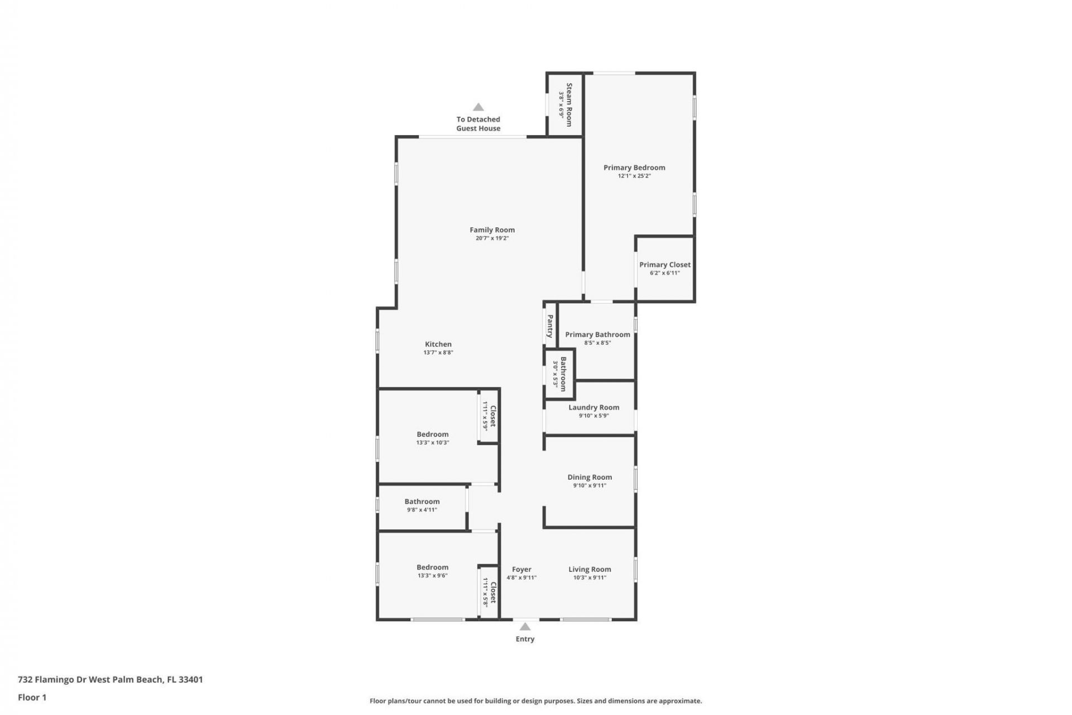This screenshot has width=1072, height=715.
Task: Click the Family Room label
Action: (x=492, y=230)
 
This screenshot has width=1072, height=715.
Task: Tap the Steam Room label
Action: (x=569, y=104)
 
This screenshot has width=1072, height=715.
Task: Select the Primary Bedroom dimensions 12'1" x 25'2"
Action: (x=634, y=176)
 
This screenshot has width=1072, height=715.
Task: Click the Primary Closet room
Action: (x=664, y=268)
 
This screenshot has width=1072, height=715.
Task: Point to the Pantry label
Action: (x=550, y=326)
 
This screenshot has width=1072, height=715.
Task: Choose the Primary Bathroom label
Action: (x=597, y=335)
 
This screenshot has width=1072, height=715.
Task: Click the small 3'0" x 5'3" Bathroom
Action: (x=560, y=374)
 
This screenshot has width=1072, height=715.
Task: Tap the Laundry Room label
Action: (x=594, y=407)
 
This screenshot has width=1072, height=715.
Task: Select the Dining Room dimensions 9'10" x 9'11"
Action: (x=590, y=485)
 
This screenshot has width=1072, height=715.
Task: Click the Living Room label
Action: (x=590, y=569)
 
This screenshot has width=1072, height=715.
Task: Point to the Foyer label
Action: (x=521, y=570)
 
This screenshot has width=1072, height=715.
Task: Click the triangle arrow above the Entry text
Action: (x=525, y=627)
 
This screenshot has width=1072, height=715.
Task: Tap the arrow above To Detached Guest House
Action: (x=478, y=107)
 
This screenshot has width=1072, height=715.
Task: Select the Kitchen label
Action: (x=438, y=344)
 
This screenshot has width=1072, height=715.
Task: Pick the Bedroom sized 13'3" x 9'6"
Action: (x=433, y=570)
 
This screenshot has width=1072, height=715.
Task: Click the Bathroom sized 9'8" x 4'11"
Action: (x=422, y=505)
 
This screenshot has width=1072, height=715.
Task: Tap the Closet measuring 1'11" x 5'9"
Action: (x=489, y=416)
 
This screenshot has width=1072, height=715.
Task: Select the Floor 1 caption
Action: (x=32, y=697)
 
